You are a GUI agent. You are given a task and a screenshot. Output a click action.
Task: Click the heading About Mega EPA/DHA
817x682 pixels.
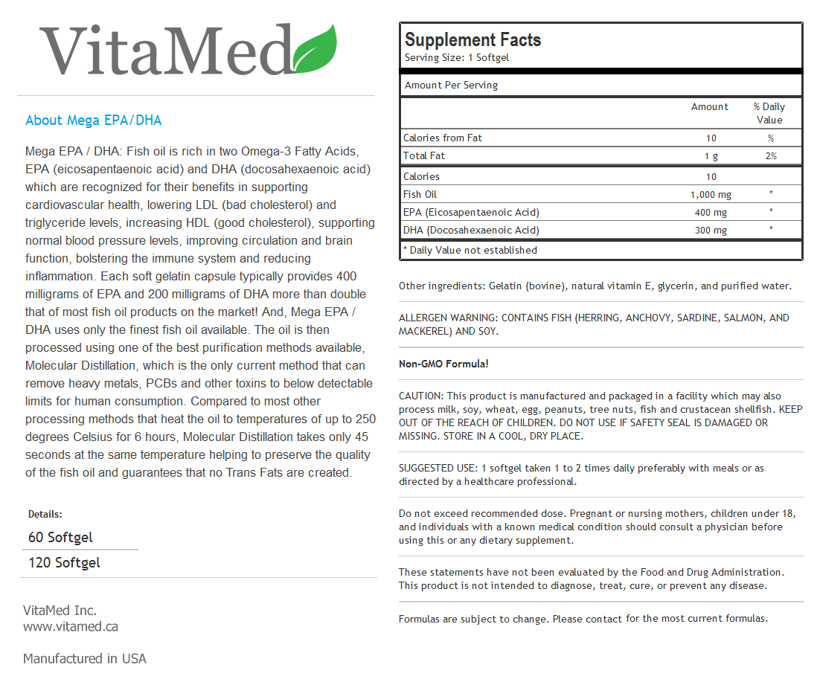click(x=93, y=120)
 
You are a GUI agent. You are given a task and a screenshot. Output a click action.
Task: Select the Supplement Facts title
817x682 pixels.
click(x=472, y=40)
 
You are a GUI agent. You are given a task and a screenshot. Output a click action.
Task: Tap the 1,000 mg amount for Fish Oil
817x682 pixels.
click(x=711, y=194)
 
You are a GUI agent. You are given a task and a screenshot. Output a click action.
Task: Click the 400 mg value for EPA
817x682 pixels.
click(x=711, y=212)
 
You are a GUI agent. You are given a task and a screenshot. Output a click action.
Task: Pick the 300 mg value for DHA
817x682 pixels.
click(x=711, y=230)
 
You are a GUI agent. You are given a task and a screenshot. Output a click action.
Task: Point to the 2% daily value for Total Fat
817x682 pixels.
click(x=770, y=155)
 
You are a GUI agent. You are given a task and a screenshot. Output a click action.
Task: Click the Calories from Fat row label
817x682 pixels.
click(x=442, y=138)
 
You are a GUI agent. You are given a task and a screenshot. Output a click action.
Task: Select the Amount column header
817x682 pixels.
click(x=709, y=106)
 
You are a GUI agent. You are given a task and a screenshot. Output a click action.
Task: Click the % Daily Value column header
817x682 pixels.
click(x=769, y=113)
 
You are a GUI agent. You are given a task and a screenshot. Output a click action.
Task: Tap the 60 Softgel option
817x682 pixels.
click(x=60, y=537)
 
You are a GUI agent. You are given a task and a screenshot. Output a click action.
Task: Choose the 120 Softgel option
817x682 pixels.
click(x=64, y=562)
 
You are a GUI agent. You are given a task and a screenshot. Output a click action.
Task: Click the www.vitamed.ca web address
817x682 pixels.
click(x=70, y=626)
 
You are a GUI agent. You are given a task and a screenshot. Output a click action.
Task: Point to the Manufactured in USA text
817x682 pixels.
click(x=84, y=658)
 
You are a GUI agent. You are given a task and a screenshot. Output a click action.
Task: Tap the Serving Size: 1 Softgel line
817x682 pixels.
click(x=456, y=58)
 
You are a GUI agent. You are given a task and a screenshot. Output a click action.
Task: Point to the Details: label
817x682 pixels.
click(x=45, y=514)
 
